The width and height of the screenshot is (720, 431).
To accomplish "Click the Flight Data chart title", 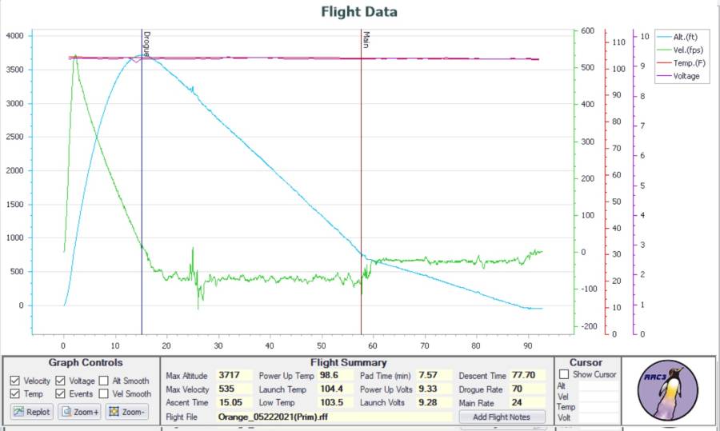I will tap(359, 12).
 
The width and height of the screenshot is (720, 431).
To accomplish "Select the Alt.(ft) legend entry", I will tap(686, 37).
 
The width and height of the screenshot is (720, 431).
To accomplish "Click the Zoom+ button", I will tap(80, 412).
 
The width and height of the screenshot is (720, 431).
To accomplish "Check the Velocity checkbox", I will tap(15, 381).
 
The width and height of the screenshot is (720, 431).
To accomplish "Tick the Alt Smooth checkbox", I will tap(104, 381).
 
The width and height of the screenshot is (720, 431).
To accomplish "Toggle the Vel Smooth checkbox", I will tap(104, 393).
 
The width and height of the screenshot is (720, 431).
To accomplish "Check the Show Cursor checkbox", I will tap(565, 374).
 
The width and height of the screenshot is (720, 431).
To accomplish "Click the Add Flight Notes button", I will tap(502, 417).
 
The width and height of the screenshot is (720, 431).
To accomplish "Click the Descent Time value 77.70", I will tap(526, 375).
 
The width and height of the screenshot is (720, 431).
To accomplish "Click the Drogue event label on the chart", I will tap(146, 44).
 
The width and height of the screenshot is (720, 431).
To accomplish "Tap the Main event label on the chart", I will tap(366, 38).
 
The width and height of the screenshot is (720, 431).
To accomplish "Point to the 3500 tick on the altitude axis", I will tap(14, 70).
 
